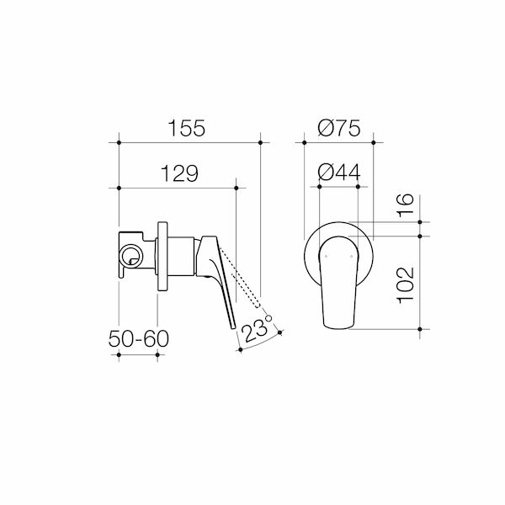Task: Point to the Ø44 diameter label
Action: (x=340, y=173)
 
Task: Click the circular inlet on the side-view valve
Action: (x=130, y=257)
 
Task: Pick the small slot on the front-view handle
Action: (x=340, y=246)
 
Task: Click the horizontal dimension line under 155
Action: (x=189, y=142)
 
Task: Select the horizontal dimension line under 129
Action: (x=178, y=187)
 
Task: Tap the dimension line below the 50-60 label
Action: (x=140, y=356)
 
